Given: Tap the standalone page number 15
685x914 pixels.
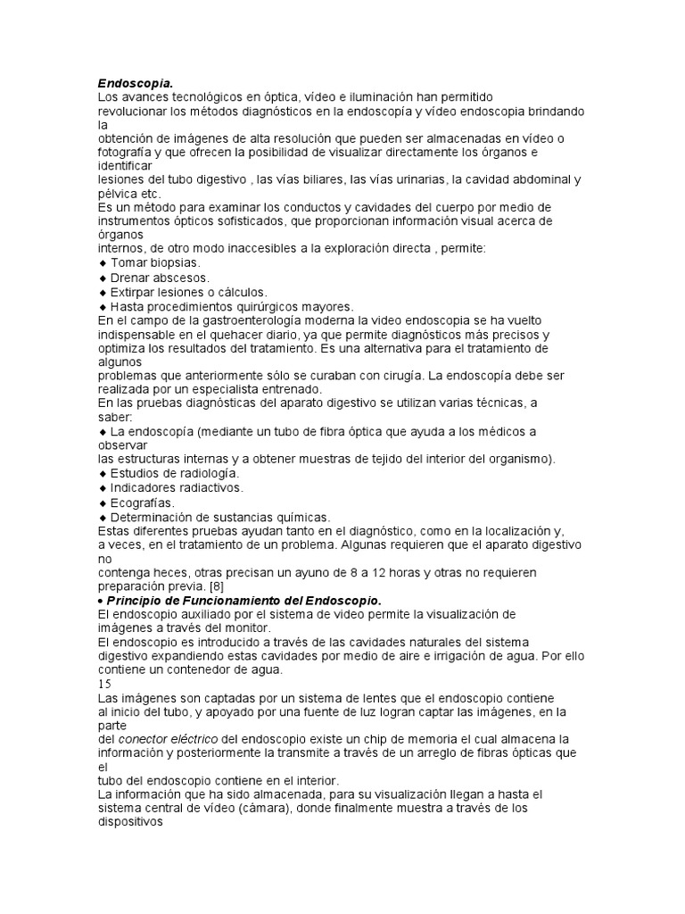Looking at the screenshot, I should point(104,683).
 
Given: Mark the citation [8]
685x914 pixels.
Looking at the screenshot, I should point(216,586).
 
